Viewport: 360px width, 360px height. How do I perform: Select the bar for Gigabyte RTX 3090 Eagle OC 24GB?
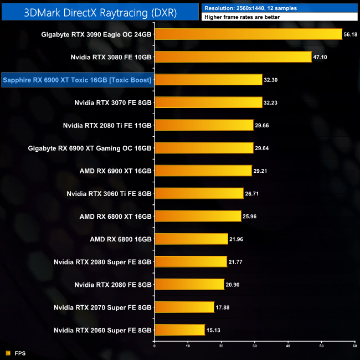[x=248, y=34]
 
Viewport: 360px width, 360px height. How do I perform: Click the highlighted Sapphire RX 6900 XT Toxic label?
[x=78, y=80]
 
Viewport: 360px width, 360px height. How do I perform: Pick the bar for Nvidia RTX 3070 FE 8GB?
[x=208, y=102]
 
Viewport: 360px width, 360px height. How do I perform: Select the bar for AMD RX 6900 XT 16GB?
[x=203, y=171]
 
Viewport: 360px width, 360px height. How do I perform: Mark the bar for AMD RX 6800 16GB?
[x=191, y=239]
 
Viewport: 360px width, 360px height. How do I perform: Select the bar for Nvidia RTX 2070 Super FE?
[x=184, y=307]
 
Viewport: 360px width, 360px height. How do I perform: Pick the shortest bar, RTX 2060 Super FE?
[x=180, y=330]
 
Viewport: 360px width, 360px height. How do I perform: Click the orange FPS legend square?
[x=8, y=353]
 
